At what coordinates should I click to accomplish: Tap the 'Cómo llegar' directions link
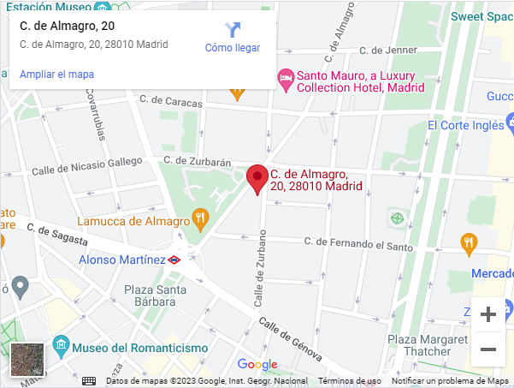click(232, 48)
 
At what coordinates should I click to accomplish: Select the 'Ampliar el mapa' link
click(56, 75)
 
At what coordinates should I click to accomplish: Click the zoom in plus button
click(488, 314)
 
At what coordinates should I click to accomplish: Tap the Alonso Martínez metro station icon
click(174, 259)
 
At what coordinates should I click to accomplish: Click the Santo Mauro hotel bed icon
click(286, 79)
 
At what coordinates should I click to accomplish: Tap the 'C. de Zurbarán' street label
click(198, 160)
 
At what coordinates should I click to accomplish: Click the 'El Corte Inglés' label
click(466, 125)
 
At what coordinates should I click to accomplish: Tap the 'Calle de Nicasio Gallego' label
click(87, 170)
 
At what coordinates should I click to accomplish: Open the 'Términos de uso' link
click(349, 381)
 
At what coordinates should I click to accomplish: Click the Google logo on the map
click(257, 365)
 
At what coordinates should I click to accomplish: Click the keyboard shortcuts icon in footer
click(89, 381)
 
